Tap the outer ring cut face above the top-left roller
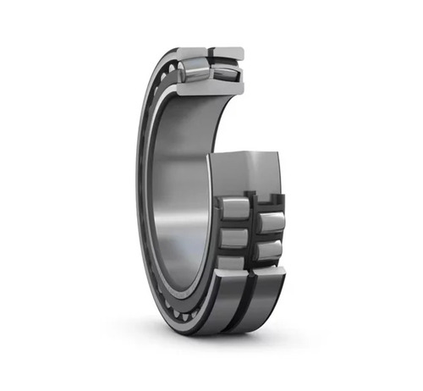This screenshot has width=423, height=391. coord(193,53)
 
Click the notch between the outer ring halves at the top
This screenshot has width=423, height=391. coord(211,52)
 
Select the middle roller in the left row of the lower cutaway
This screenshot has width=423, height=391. coord(234,238)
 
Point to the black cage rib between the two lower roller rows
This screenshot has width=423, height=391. coord(253,233)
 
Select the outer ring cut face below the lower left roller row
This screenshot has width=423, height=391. coord(228,280)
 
